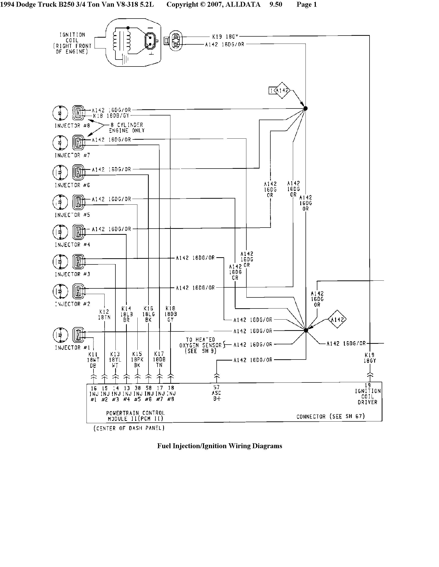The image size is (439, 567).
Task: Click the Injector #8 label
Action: click(x=72, y=126)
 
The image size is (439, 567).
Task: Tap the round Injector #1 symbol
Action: click(x=60, y=335)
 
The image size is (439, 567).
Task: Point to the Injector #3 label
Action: click(x=72, y=274)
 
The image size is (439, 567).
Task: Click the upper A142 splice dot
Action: click(x=305, y=109)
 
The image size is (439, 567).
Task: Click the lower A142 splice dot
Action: click(x=306, y=330)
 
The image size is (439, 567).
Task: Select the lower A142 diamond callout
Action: click(x=337, y=320)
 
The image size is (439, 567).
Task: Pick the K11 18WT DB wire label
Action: click(x=93, y=360)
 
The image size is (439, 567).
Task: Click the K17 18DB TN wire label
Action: click(x=159, y=359)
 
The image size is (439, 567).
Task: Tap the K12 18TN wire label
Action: click(x=104, y=314)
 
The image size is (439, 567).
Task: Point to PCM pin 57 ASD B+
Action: click(x=216, y=393)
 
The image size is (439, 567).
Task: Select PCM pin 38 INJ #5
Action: click(x=138, y=394)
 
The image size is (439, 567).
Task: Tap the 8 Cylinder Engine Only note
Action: click(x=126, y=128)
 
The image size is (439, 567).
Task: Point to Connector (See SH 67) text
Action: click(x=330, y=416)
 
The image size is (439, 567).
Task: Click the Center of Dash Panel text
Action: click(x=129, y=428)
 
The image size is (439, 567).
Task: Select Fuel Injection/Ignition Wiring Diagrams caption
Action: click(x=219, y=446)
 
